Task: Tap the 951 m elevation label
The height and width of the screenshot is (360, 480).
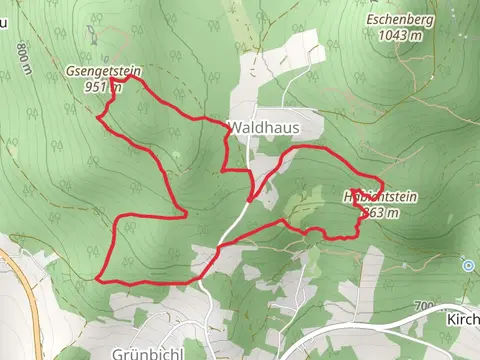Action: click(103, 86)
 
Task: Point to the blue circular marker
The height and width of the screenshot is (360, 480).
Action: click(468, 265)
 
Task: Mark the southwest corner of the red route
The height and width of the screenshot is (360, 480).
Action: click(98, 279)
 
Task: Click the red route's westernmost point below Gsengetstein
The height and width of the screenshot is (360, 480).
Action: click(97, 118)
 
